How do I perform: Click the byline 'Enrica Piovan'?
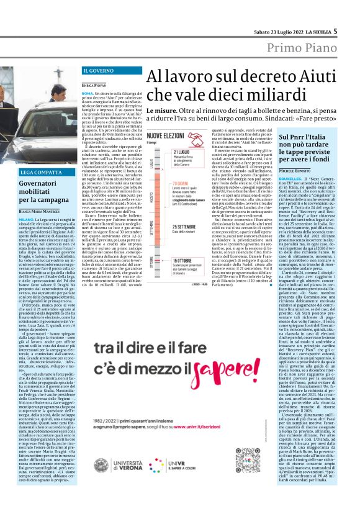coord(95,84)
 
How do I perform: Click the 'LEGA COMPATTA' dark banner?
coord(40,171)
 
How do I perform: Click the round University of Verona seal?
coord(102,465)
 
